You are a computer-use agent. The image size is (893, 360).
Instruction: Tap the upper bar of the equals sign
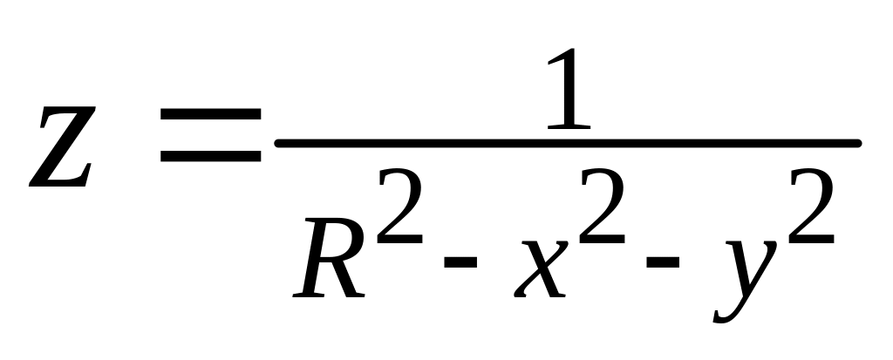[211, 116]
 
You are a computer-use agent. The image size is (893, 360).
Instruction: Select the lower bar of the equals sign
[211, 157]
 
